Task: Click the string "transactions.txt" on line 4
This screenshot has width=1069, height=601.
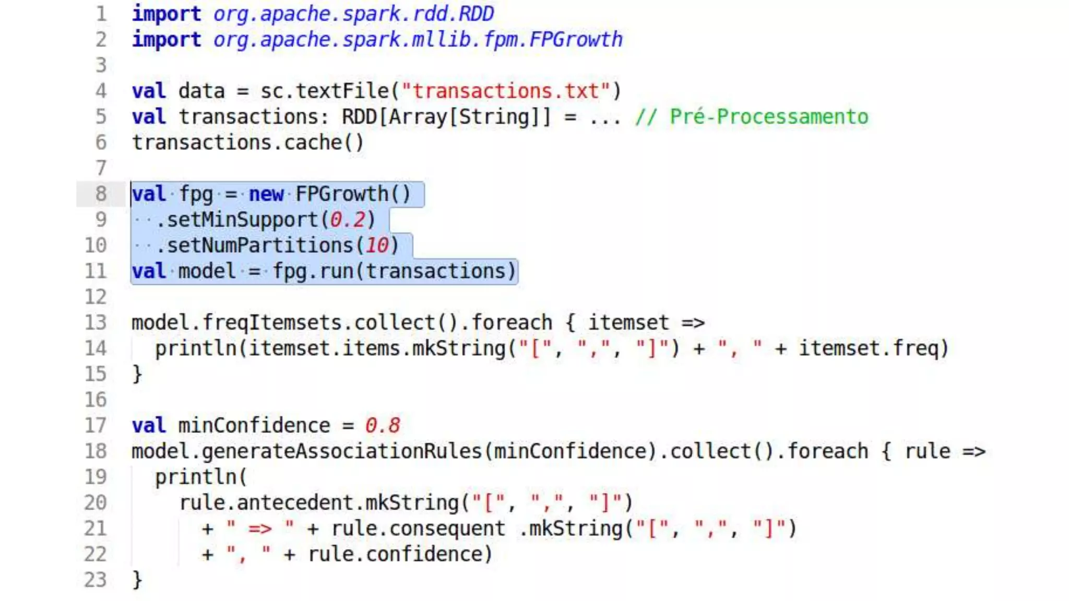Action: click(511, 91)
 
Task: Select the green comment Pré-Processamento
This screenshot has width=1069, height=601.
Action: click(752, 117)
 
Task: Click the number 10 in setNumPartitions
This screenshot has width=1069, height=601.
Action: click(376, 245)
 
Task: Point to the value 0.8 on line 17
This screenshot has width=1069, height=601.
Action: click(382, 426)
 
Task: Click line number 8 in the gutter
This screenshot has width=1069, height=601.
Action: click(101, 194)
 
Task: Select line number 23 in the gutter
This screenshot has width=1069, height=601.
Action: click(96, 580)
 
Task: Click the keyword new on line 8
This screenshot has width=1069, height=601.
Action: click(266, 194)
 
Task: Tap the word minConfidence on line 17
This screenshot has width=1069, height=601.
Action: click(254, 426)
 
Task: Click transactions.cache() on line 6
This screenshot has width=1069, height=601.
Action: click(247, 142)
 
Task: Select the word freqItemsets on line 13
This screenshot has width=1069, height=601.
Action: click(271, 323)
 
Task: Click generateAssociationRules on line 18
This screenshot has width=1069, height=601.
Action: click(342, 451)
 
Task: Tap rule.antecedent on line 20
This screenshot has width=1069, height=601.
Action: click(266, 503)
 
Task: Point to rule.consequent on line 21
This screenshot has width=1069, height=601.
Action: click(418, 528)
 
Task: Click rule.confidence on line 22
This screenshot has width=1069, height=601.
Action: click(399, 554)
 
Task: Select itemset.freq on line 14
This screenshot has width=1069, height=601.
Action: click(873, 348)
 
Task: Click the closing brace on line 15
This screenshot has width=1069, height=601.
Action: click(137, 374)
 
